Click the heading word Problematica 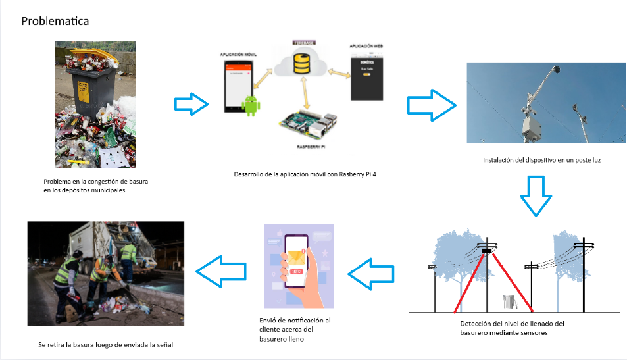[55, 21]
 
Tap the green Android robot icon [251, 105]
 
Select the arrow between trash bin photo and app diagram [191, 103]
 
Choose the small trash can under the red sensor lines [507, 302]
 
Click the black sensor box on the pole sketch [487, 250]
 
